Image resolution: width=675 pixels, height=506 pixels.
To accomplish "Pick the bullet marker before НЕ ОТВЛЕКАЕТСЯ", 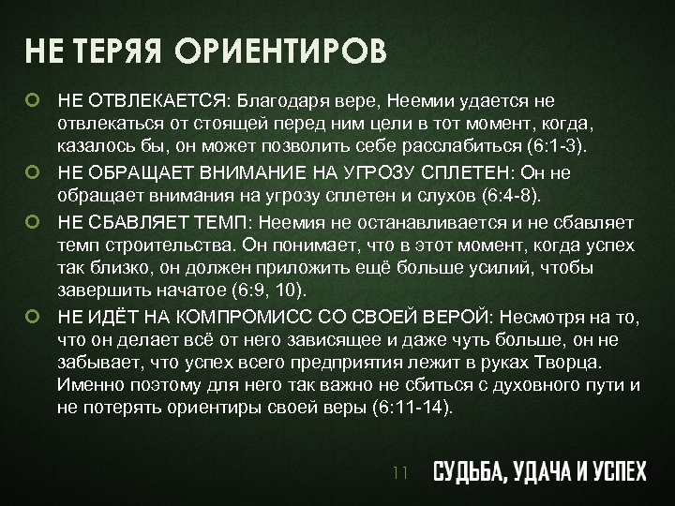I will (34, 98).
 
